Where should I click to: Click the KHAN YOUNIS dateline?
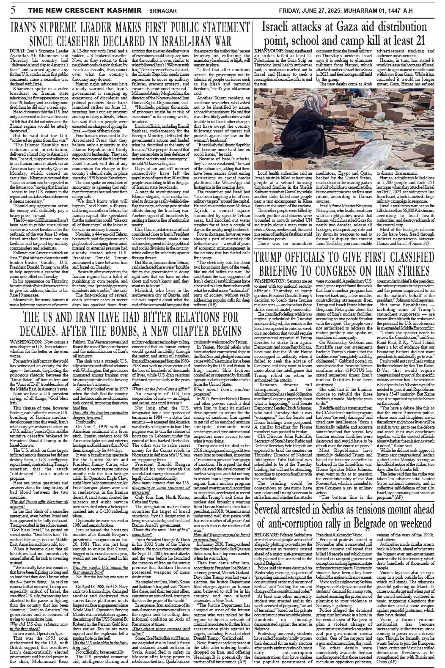pos(266,50)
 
